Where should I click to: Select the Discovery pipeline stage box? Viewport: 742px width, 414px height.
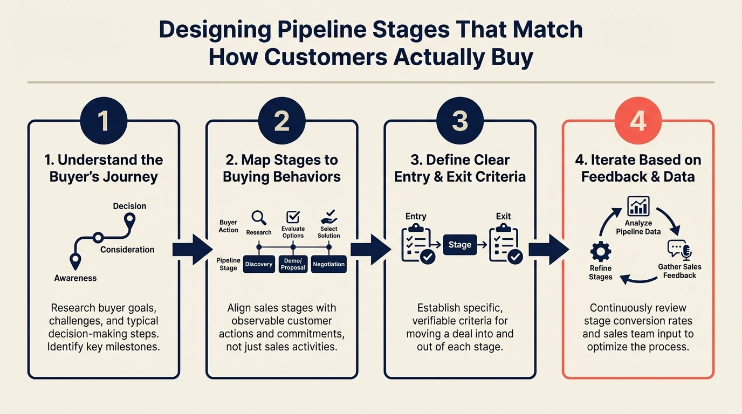pos(259,264)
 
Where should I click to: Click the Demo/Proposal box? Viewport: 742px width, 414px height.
pos(293,264)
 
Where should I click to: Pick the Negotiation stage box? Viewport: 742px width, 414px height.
pos(329,264)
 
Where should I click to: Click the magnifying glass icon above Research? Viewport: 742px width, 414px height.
pos(259,217)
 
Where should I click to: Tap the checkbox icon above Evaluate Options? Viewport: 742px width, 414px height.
pos(293,217)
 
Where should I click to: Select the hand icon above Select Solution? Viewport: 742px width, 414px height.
pos(328,217)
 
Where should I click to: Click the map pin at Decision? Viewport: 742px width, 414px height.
pos(130,221)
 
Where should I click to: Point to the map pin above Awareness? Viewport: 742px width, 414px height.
pos(75,261)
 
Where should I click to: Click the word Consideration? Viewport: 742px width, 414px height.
pos(127,250)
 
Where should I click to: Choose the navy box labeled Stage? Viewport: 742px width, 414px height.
pos(459,245)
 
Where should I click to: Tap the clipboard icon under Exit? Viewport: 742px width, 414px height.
pos(505,245)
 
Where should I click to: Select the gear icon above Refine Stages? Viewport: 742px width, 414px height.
pos(601,252)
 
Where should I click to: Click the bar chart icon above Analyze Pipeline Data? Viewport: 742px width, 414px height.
pos(638,206)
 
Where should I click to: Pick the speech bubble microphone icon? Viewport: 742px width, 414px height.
pos(679,250)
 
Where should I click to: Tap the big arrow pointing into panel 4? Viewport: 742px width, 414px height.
pos(548,249)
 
